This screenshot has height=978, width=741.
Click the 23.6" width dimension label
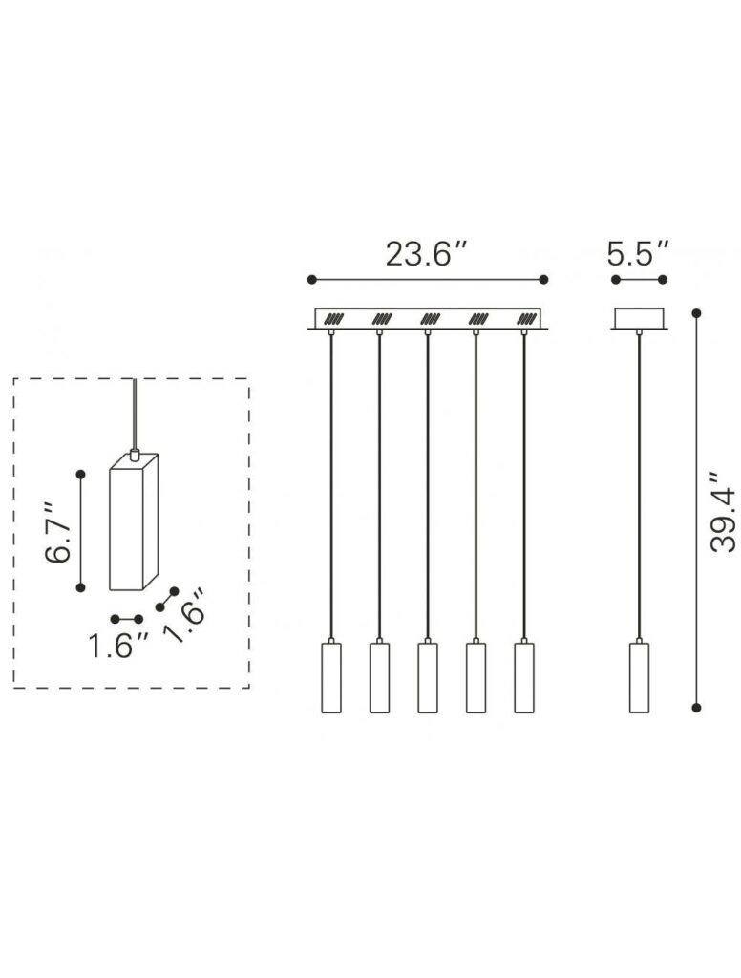tap(427, 254)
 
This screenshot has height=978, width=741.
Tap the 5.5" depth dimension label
tap(638, 254)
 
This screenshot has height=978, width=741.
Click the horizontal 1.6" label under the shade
tap(119, 646)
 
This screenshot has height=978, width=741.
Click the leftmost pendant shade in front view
tap(330, 677)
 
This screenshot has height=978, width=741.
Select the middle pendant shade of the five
tap(427, 677)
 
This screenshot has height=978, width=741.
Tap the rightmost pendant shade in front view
tap(524, 677)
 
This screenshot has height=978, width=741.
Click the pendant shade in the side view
tap(638, 677)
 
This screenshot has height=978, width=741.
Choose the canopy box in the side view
tap(639, 318)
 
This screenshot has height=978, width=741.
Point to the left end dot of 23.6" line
tap(311, 279)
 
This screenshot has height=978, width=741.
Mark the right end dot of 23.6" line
tap(543, 279)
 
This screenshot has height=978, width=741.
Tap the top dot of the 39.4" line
tap(696, 312)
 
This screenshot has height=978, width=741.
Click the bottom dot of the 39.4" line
tap(696, 707)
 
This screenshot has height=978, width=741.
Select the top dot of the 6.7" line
tap(81, 473)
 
